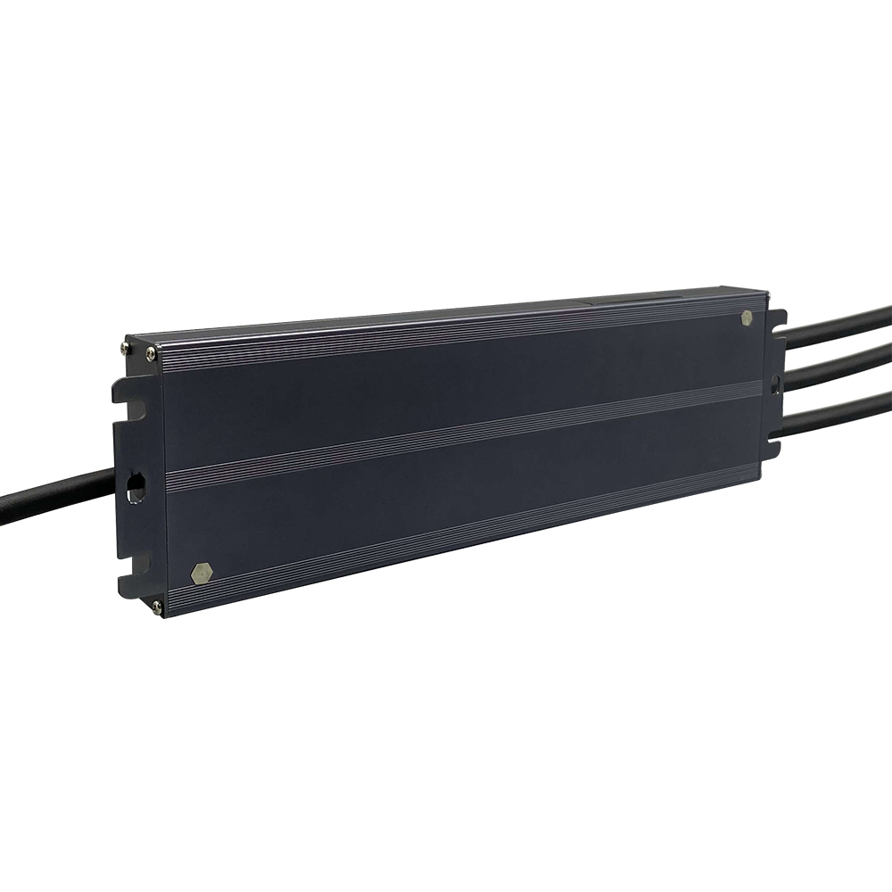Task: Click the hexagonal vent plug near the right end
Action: (746, 317)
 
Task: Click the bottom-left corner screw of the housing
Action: (157, 607)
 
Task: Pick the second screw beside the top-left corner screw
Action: (151, 354)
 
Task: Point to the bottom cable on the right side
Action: (838, 409)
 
